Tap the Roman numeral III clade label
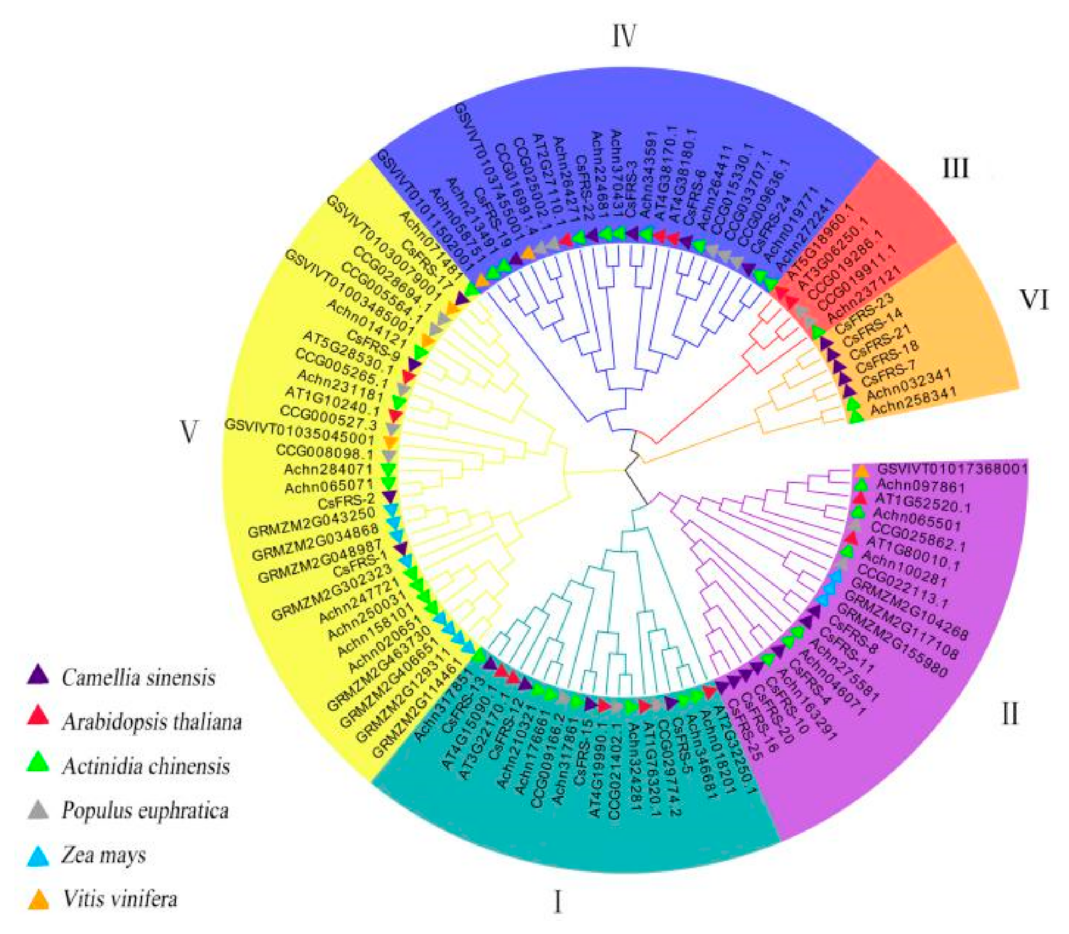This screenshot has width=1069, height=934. click(x=955, y=169)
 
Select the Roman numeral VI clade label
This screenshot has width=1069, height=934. click(x=1033, y=299)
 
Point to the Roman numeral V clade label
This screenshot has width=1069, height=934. click(x=188, y=432)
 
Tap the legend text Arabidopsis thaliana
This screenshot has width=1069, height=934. click(x=152, y=722)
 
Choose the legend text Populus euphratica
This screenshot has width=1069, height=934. click(x=145, y=810)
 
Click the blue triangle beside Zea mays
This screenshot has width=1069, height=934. click(x=38, y=856)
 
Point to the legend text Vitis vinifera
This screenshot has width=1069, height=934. click(x=120, y=899)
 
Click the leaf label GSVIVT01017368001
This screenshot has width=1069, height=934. click(x=952, y=469)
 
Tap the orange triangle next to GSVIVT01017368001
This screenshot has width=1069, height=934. click(x=862, y=471)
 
